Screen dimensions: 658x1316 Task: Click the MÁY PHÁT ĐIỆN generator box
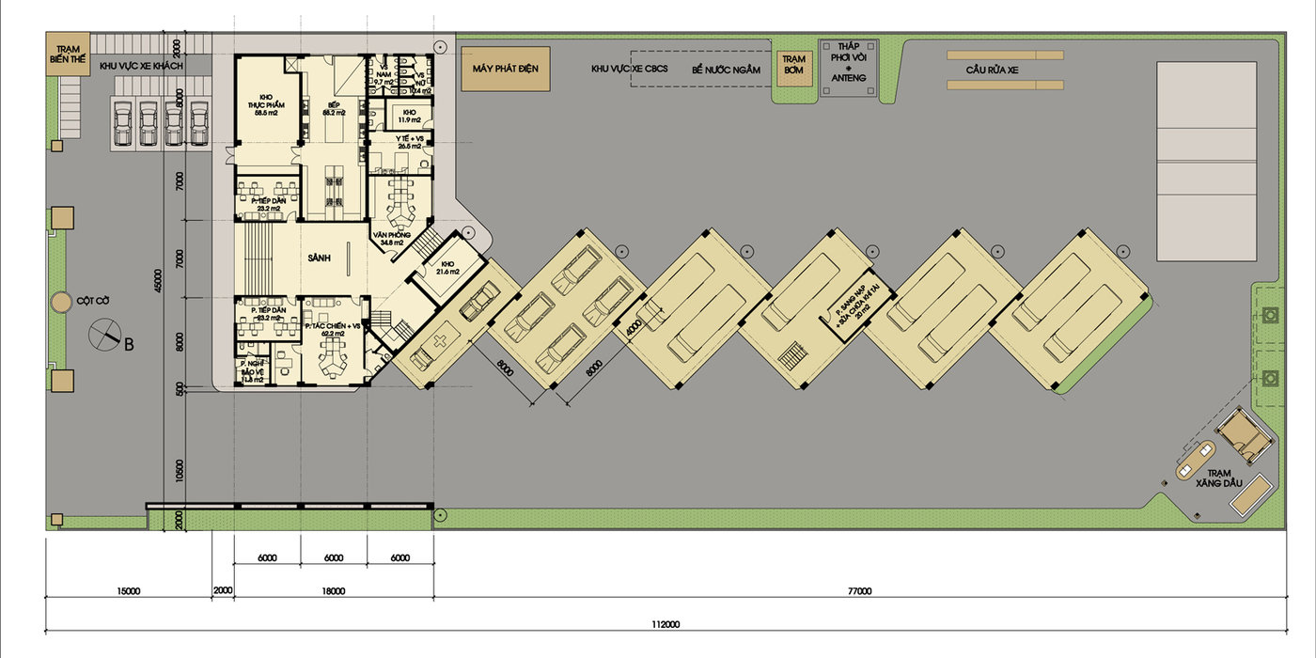[x=505, y=70]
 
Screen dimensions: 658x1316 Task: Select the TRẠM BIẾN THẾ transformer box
[x=66, y=55]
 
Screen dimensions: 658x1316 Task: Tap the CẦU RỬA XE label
[x=1005, y=70]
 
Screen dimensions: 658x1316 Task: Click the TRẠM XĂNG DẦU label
[x=1219, y=478]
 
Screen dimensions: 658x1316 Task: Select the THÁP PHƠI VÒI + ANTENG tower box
[x=849, y=66]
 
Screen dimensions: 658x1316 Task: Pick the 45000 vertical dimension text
[x=157, y=285]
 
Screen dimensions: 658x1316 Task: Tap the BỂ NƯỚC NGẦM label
[x=725, y=70]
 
